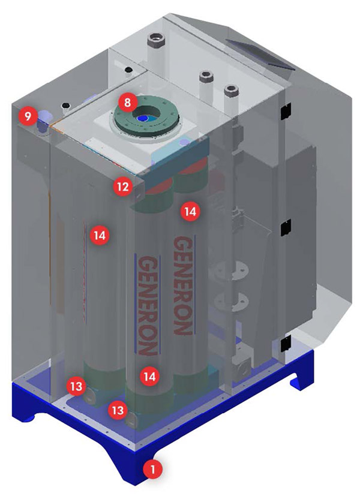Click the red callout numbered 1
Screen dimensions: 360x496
153,469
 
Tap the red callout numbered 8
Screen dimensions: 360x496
127,103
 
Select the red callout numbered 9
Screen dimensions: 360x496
28,116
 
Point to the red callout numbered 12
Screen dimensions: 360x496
123,187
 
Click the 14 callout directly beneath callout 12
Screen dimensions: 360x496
100,235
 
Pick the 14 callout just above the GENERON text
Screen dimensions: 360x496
190,211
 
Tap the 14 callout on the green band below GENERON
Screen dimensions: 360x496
149,377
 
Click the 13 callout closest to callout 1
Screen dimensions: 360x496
118,410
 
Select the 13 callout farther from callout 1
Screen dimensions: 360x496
76,386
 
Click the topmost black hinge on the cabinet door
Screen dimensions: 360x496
285,111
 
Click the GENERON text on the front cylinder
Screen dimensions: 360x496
148,305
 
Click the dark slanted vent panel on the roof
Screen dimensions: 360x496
259,54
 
